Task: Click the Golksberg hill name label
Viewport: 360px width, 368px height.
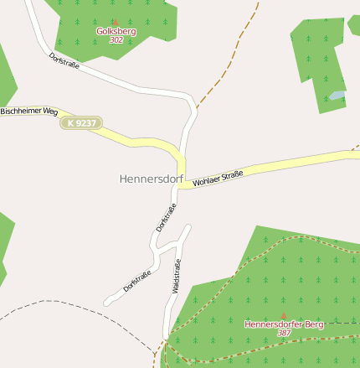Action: (x=116, y=32)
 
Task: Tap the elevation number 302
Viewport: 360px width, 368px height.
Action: (x=116, y=40)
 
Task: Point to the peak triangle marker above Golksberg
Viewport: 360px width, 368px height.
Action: (x=116, y=23)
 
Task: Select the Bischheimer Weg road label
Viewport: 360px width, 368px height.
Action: (x=28, y=111)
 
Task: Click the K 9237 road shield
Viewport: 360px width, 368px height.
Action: (x=81, y=123)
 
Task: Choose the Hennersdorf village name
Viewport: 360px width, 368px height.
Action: (x=152, y=179)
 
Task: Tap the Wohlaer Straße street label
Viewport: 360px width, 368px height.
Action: (x=218, y=178)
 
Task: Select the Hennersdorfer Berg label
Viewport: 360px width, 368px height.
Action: (x=283, y=324)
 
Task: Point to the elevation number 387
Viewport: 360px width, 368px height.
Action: (x=284, y=333)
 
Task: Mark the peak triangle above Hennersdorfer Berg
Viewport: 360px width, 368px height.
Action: (x=283, y=315)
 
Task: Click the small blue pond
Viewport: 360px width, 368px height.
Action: (x=337, y=96)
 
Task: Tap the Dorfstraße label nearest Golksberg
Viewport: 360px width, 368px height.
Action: (x=64, y=60)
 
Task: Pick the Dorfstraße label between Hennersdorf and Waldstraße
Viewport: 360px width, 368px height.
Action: (x=166, y=218)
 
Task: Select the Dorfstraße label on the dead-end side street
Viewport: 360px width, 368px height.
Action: (x=137, y=280)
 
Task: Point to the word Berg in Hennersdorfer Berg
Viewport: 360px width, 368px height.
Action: (x=311, y=324)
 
